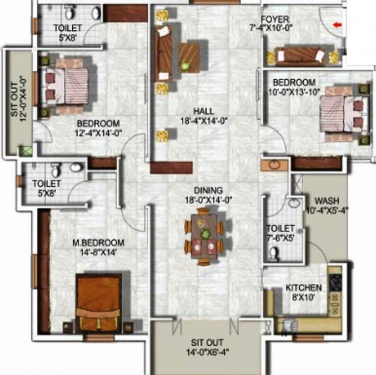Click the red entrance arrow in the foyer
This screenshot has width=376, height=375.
point(337,24)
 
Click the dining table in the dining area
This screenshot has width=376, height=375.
point(203,235)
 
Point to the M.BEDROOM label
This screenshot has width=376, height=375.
point(98,242)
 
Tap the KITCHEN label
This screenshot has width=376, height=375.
point(304,288)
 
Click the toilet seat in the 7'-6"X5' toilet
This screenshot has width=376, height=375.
point(274,252)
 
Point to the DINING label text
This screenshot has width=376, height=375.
point(208,190)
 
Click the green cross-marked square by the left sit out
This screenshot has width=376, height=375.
point(25,151)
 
